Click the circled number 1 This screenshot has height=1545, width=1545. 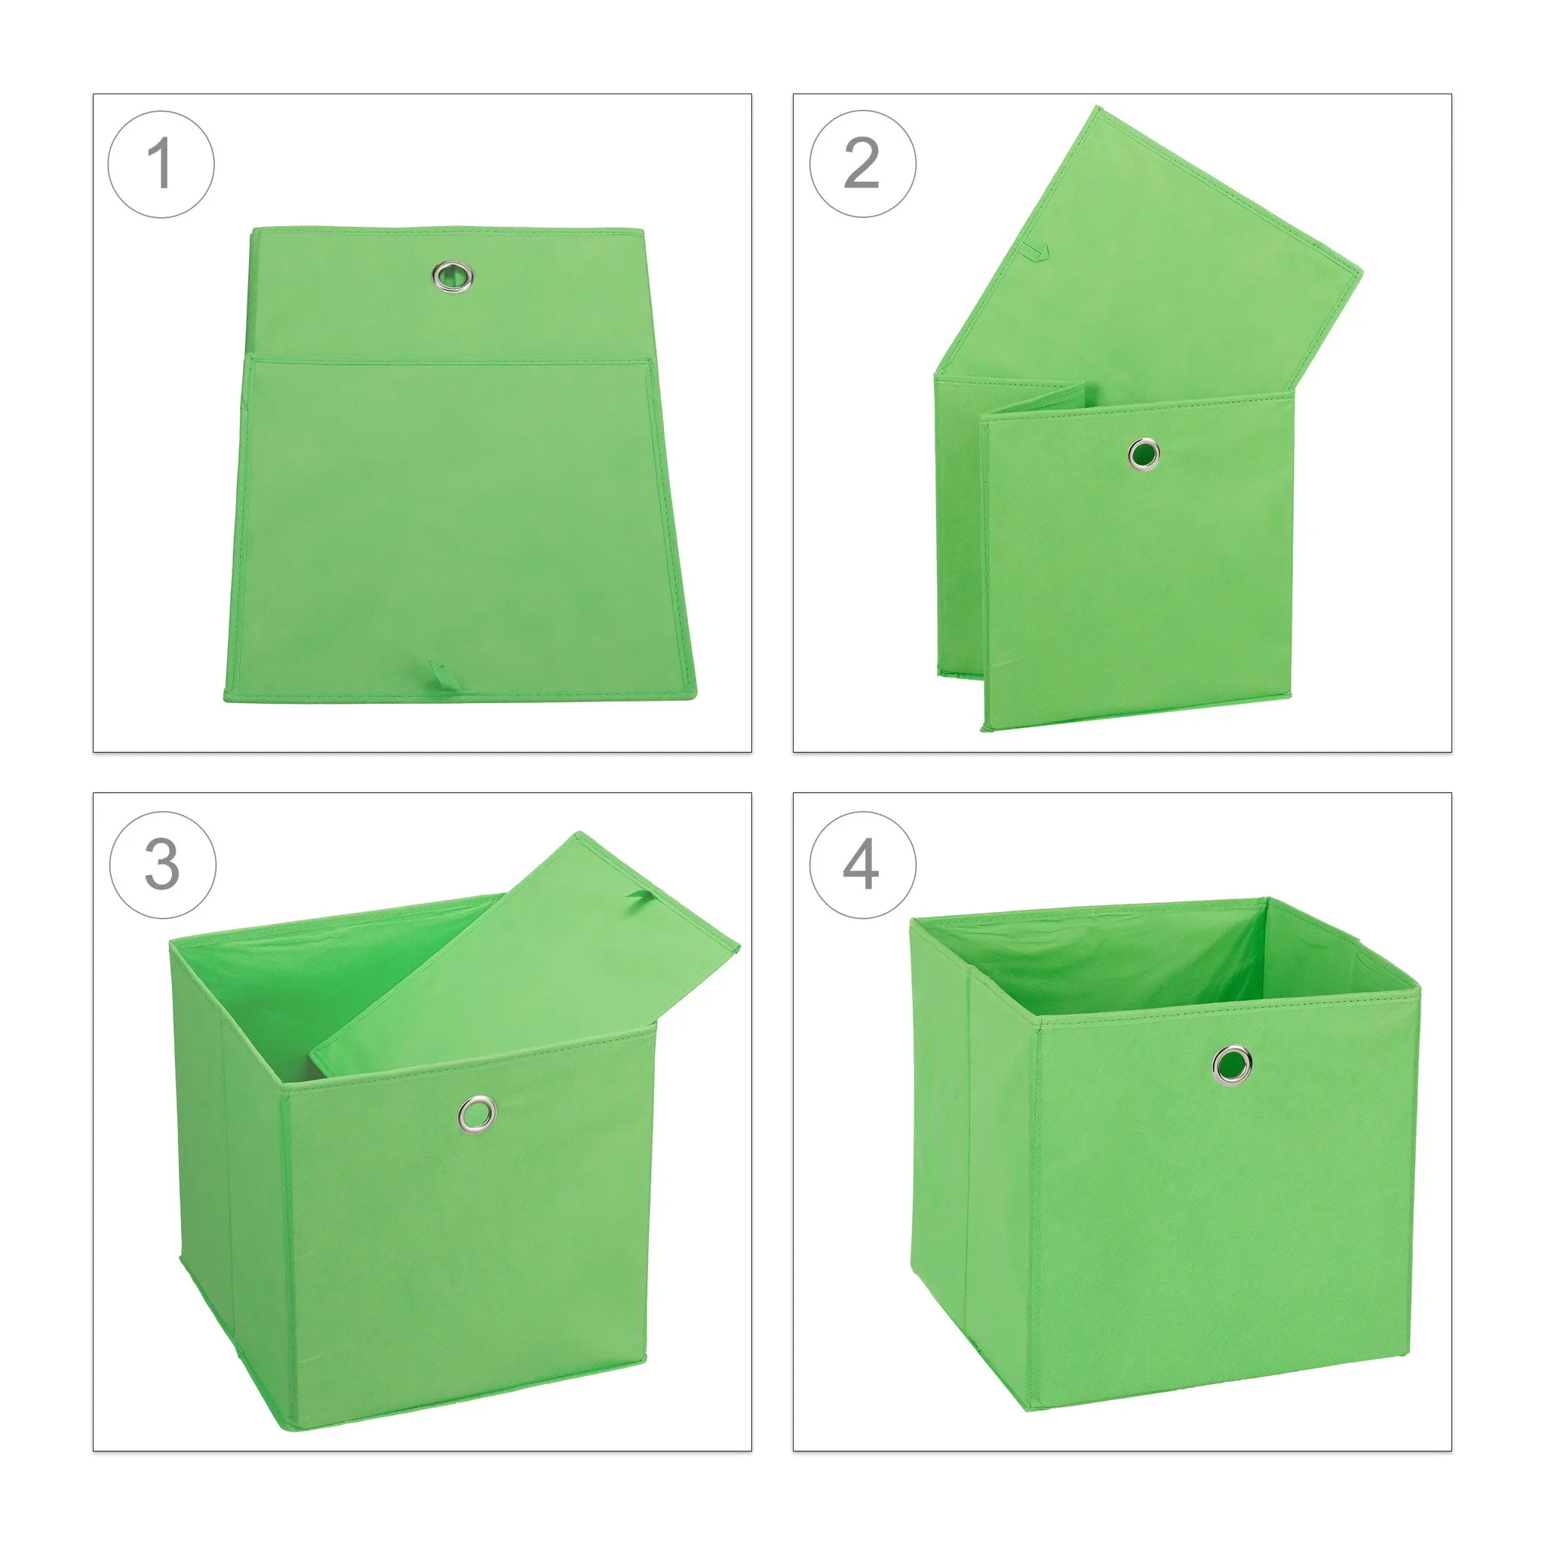coord(161,164)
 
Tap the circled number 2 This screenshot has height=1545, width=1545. coord(862,164)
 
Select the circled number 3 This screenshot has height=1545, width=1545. coord(162,865)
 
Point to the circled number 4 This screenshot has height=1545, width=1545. coord(862,865)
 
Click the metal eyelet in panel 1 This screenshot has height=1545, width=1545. coord(453,277)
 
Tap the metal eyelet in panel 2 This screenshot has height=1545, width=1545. coord(1144,454)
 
